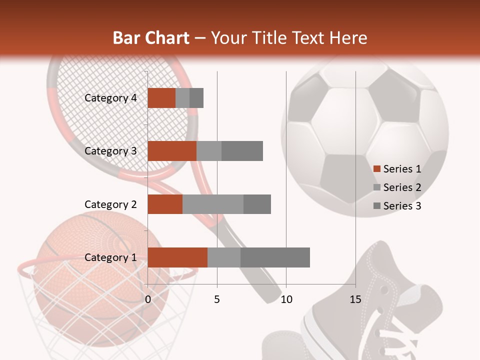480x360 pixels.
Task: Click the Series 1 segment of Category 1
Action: pos(177,257)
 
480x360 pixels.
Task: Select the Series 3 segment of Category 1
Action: pos(275,257)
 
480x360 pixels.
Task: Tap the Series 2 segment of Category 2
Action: pos(213,204)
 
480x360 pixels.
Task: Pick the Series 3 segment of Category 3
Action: pos(242,151)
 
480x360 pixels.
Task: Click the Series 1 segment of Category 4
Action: pos(161,98)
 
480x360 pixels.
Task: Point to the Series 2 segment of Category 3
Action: pos(209,151)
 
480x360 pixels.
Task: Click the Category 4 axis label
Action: pos(110,98)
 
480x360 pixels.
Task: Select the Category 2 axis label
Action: pos(110,204)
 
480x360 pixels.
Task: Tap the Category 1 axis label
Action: pos(110,257)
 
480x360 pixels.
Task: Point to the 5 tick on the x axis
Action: pos(217,299)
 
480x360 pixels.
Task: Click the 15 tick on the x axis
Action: pos(355,299)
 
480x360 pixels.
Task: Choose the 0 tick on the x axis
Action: pos(148,299)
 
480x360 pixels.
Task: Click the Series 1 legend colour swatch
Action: pos(376,169)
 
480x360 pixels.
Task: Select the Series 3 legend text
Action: pos(402,206)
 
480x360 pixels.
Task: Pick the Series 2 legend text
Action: pos(402,187)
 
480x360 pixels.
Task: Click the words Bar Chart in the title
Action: pos(151,37)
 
